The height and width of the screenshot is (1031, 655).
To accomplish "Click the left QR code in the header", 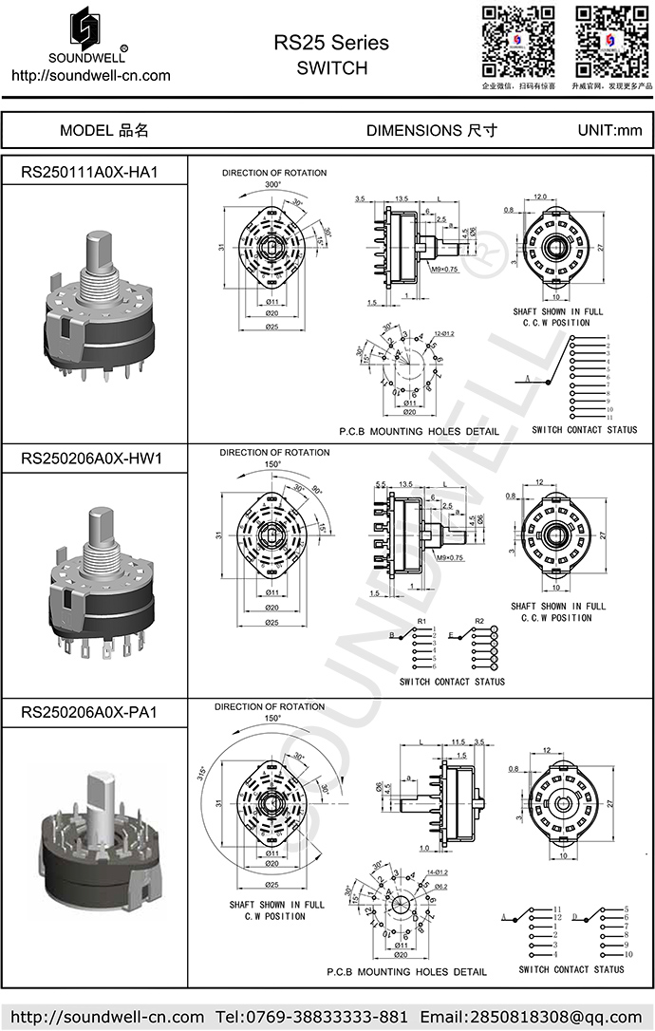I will (518, 42).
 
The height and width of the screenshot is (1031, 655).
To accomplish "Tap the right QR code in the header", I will (611, 42).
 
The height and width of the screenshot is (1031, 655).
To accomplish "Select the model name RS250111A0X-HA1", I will (89, 172).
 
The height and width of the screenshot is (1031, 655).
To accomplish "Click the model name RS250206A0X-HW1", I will (92, 459).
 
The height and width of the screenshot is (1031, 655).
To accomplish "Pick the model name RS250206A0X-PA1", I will (89, 712).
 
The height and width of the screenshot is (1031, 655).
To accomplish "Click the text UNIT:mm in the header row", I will (609, 131).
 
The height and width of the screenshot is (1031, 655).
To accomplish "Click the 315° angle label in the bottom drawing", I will (202, 772).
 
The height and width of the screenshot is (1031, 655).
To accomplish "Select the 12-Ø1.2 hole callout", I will (444, 334).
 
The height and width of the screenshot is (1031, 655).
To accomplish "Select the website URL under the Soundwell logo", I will (90, 76).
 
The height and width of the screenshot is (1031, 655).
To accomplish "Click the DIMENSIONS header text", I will (431, 131).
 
